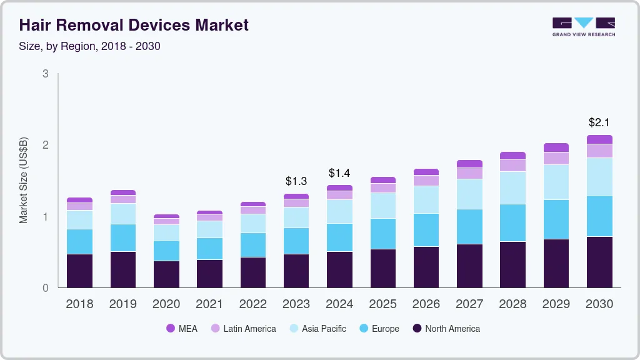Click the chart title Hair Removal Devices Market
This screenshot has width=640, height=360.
(x=134, y=25)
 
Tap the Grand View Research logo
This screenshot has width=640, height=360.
(x=584, y=26)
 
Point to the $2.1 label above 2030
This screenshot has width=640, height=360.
(x=599, y=122)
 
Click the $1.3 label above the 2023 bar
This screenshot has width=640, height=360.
(x=296, y=181)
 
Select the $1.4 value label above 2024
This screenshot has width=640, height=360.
(x=339, y=172)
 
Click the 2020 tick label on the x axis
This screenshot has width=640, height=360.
(x=166, y=304)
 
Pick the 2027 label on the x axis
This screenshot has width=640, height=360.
(x=469, y=304)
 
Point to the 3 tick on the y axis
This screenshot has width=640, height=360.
(x=46, y=74)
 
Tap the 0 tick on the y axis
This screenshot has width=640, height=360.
(x=46, y=288)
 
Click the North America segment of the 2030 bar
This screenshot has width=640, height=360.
(x=599, y=262)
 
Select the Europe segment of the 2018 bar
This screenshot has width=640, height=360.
(x=79, y=241)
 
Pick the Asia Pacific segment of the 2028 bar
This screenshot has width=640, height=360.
(x=512, y=187)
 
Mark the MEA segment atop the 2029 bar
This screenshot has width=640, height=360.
(x=556, y=147)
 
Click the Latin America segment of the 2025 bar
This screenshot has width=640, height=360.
(x=382, y=187)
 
